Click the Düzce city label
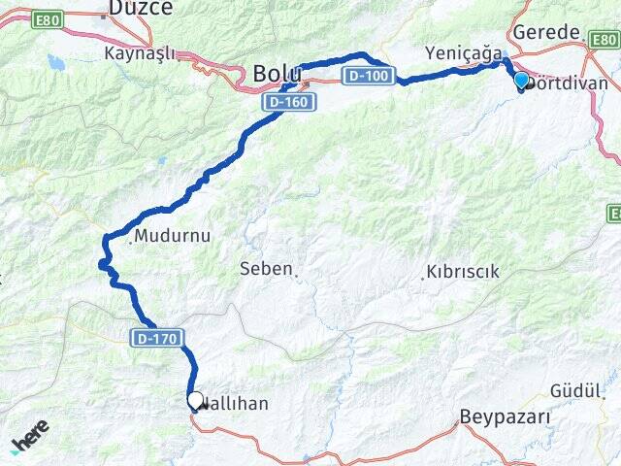[140, 9]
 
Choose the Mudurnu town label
[172, 235]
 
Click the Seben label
[265, 268]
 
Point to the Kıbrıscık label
[461, 273]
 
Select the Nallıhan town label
[232, 402]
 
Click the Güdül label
[576, 390]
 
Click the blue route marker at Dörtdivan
[521, 81]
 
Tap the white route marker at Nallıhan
[195, 400]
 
